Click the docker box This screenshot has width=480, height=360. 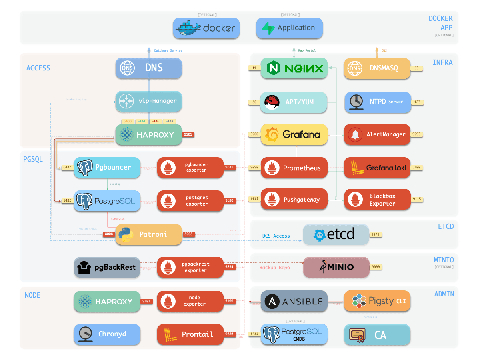[x=206, y=28]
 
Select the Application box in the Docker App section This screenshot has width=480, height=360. [x=289, y=28]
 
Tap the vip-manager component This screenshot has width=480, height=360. [x=149, y=101]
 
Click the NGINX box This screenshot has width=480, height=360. [x=294, y=68]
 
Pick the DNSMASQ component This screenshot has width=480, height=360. [x=377, y=68]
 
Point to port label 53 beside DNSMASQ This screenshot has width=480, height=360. [x=416, y=68]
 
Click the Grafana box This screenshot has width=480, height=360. [x=294, y=134]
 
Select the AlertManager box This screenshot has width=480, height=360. [x=377, y=134]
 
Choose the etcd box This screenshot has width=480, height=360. [x=336, y=234]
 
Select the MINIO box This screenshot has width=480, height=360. [x=336, y=267]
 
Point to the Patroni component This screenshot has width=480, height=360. [x=149, y=234]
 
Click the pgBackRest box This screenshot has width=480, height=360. [x=107, y=267]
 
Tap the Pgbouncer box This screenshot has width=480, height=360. [x=107, y=168]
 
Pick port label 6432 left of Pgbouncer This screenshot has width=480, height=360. [x=67, y=168]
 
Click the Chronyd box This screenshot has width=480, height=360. [x=107, y=334]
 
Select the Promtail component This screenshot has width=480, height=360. [x=190, y=334]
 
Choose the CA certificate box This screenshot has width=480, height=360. [x=377, y=334]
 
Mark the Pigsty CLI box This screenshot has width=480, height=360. [x=377, y=301]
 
